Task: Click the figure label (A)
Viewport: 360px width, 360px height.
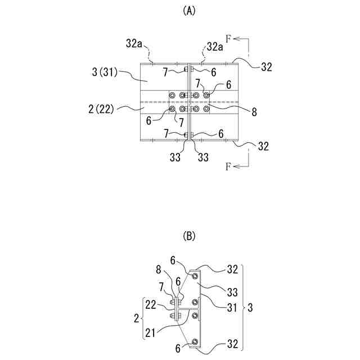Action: click(189, 11)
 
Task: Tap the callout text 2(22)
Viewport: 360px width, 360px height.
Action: click(102, 109)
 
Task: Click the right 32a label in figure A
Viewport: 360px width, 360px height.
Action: click(215, 46)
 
